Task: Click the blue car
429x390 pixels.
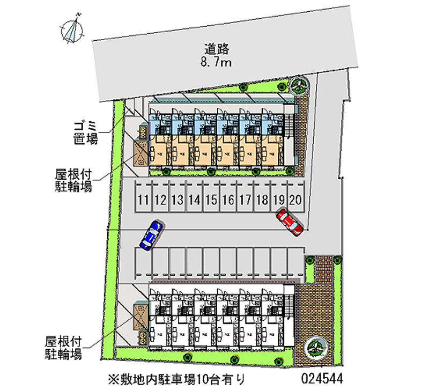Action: pos(151,234)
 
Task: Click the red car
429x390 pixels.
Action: pos(290,221)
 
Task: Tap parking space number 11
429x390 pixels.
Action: pos(143,201)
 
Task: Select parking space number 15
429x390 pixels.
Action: pos(211,201)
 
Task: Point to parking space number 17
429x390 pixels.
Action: pos(245,201)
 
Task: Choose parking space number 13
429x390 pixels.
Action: pos(177,201)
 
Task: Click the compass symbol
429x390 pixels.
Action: pos(73,30)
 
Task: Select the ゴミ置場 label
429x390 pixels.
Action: pos(86,133)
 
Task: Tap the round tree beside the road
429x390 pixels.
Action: pos(298,84)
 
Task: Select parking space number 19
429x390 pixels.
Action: pos(279,201)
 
